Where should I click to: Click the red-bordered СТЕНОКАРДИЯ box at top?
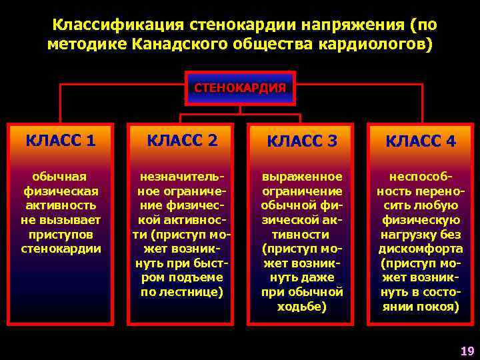[x=240, y=88]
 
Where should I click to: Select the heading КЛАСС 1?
[x=60, y=141]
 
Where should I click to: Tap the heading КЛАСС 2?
[x=182, y=141]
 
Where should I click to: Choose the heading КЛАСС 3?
[x=302, y=141]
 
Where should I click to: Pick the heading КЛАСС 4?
[x=421, y=141]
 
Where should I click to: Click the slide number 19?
[x=466, y=351]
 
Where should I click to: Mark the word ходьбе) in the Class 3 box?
[x=302, y=307]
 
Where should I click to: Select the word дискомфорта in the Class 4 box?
[x=421, y=249]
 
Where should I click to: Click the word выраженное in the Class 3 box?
[x=302, y=176]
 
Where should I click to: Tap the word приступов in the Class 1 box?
[x=60, y=235]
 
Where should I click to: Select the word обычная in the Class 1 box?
[x=60, y=176]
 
